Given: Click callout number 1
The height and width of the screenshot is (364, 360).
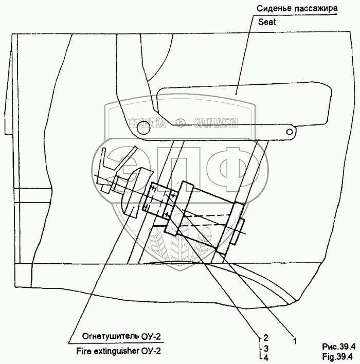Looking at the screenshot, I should click(x=295, y=340).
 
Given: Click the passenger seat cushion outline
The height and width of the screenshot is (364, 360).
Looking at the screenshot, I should click(x=242, y=105).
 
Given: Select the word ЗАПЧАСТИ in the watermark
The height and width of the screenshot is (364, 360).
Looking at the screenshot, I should click(x=216, y=122).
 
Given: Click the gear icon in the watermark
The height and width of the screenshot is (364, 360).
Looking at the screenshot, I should click(x=180, y=122).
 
